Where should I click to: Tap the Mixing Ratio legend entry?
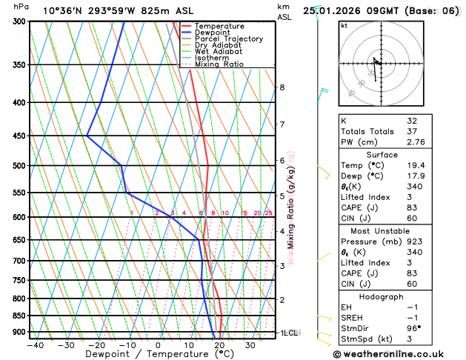tap(219, 64)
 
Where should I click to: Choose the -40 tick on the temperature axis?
tap(35, 345)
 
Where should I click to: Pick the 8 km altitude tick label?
tap(282, 87)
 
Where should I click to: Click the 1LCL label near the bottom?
tap(288, 333)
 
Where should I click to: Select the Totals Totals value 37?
tap(412, 131)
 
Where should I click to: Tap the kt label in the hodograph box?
tap(344, 25)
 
